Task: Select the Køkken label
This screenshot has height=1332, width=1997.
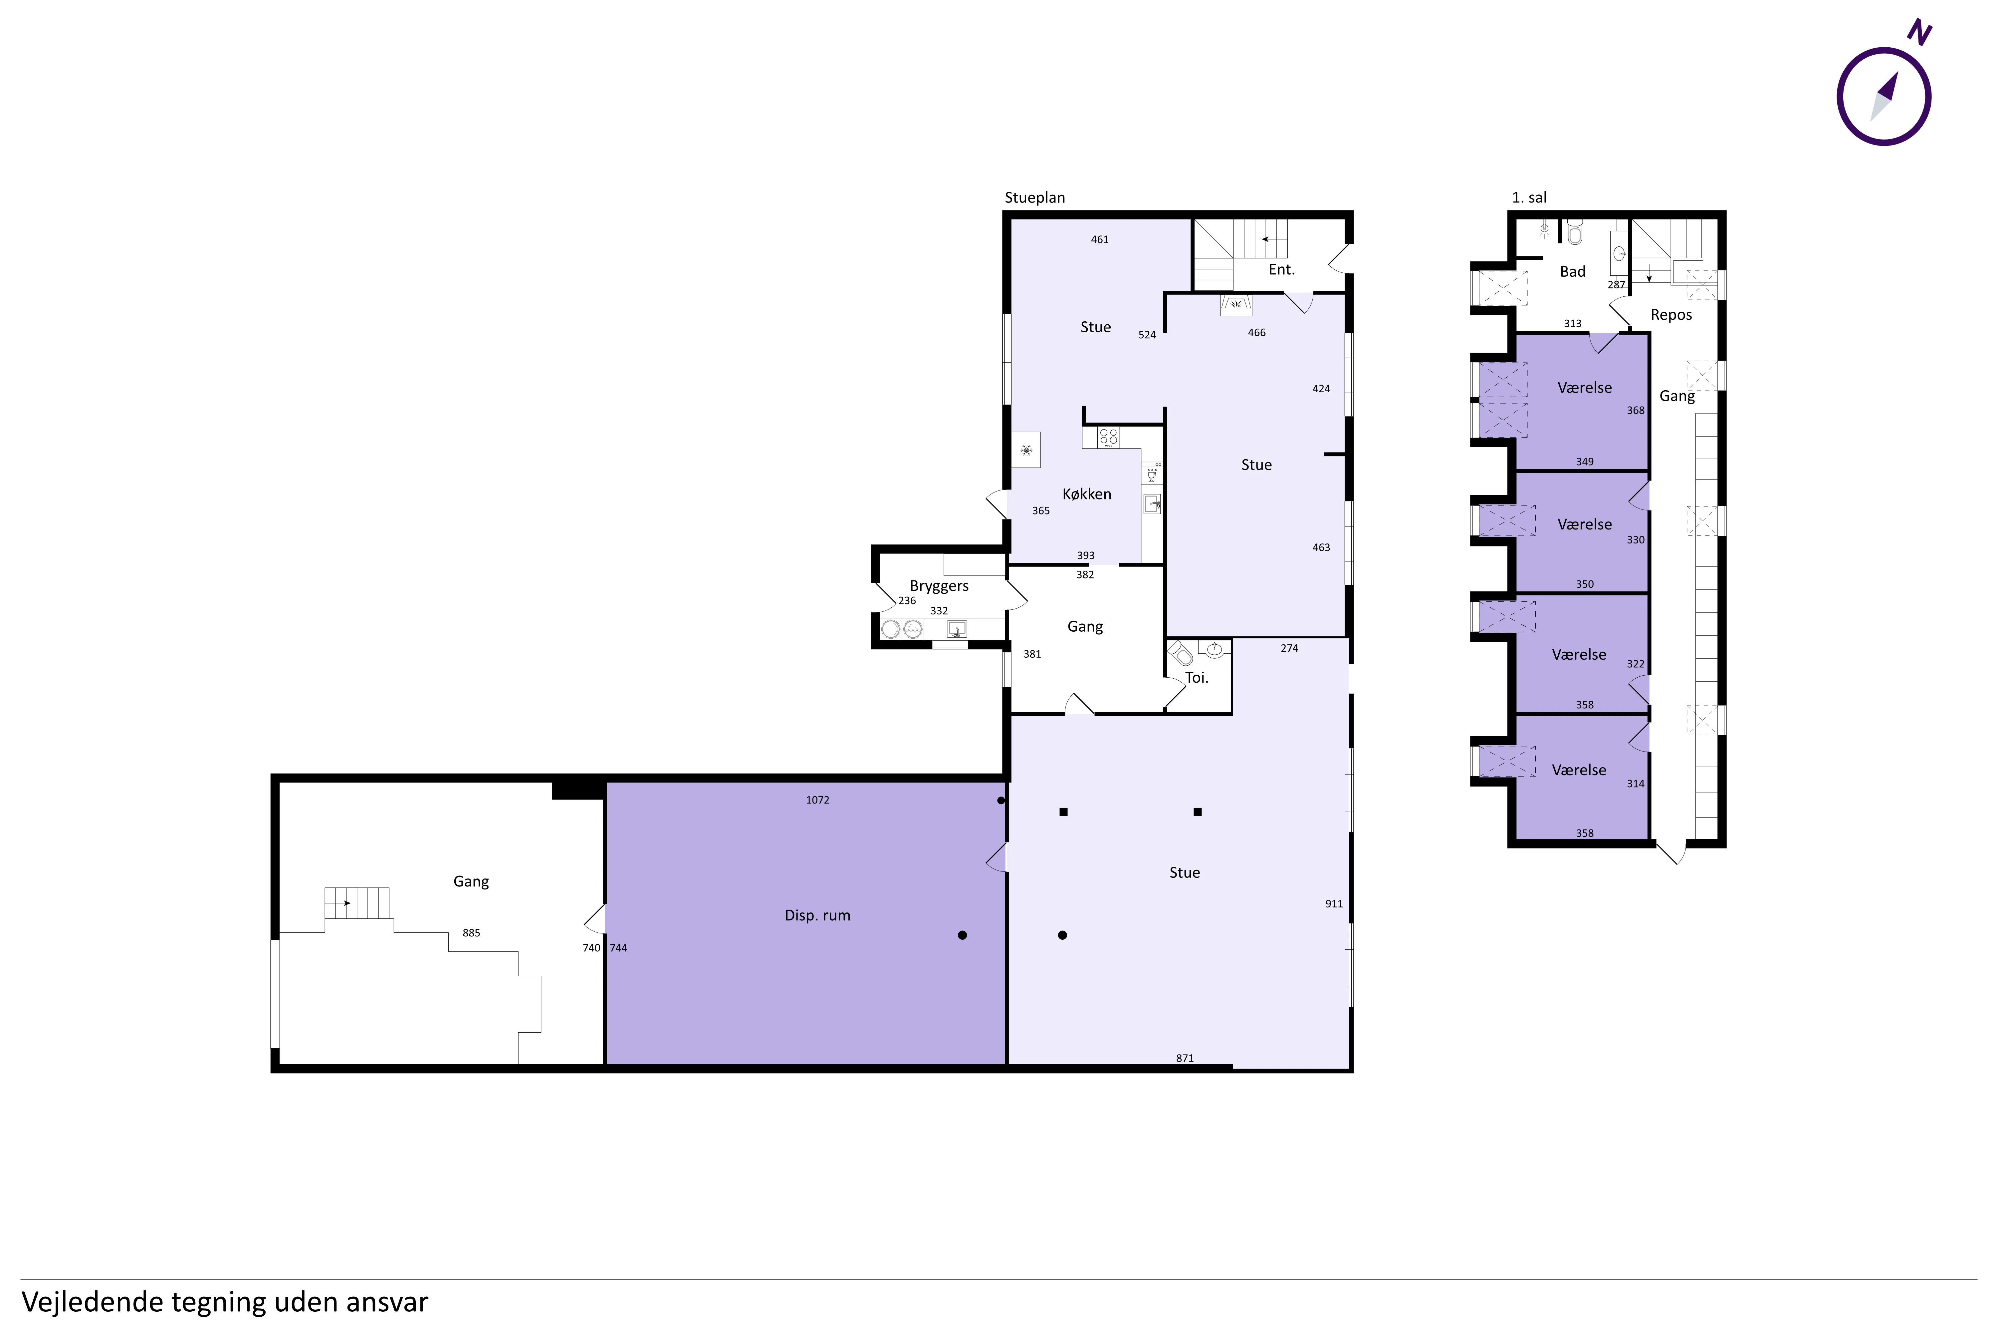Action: pos(1087,494)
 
